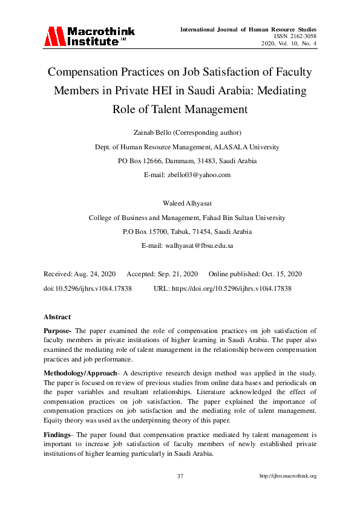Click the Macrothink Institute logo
coord(88,36)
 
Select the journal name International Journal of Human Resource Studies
coord(248,29)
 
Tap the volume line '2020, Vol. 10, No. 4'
coord(289,44)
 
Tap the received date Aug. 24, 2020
coord(93,274)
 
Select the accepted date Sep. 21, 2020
coord(175,274)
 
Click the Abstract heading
coord(57,317)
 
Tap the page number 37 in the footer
coord(180,476)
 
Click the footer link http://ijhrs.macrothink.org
coord(288,476)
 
